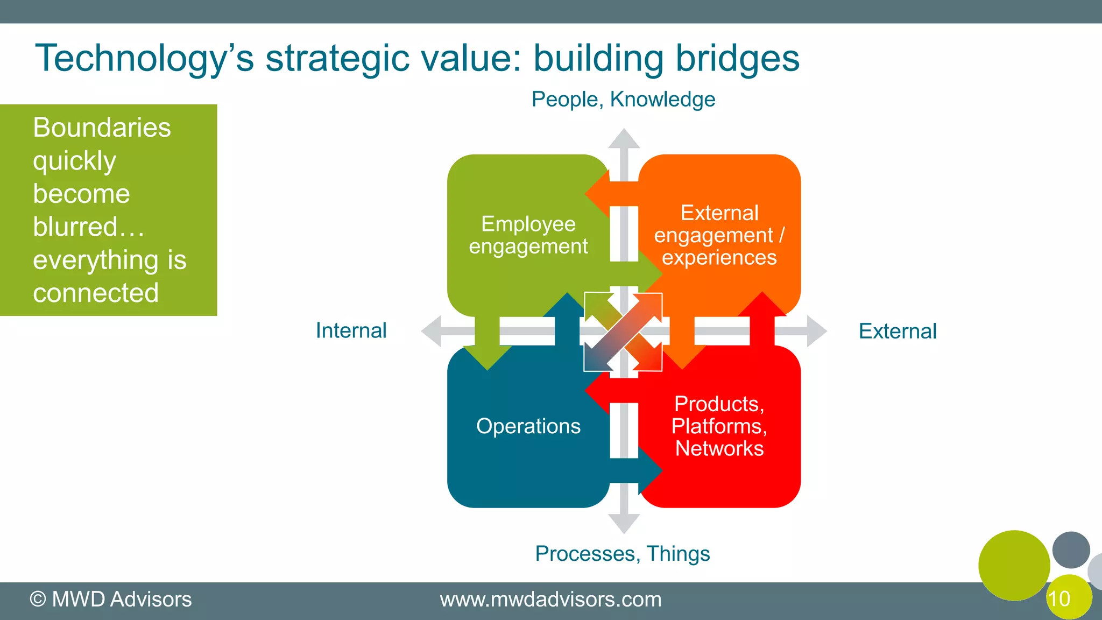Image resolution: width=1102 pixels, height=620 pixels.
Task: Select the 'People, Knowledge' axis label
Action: tap(623, 100)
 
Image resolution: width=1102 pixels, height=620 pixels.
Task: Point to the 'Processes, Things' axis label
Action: tap(623, 553)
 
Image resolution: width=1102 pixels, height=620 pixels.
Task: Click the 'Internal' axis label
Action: tap(351, 330)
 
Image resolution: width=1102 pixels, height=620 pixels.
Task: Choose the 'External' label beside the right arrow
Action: tap(897, 331)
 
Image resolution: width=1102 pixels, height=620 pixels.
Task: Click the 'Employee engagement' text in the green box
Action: tap(528, 235)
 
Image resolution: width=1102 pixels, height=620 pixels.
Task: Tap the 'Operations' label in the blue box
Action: tap(528, 426)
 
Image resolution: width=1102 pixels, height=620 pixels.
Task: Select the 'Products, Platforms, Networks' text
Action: tap(719, 426)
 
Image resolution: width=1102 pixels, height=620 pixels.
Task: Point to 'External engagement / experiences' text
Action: tap(719, 235)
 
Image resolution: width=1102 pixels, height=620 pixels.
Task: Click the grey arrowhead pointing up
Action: tap(624, 139)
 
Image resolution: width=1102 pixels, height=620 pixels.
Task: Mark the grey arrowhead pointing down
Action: tap(624, 523)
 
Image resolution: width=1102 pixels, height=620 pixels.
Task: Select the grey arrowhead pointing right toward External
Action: tap(816, 331)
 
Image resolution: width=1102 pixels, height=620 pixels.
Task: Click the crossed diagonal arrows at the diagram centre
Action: tap(623, 332)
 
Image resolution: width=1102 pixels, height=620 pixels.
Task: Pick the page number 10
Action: tap(1059, 599)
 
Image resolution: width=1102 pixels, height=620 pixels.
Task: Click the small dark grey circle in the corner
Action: tap(1071, 549)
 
